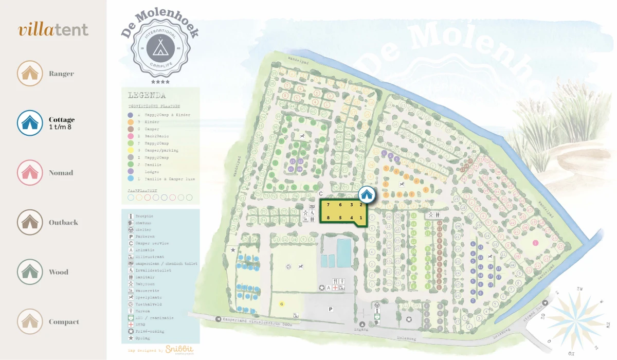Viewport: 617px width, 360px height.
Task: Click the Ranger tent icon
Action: [30, 74]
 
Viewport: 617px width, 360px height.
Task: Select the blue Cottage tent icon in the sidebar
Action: [30, 123]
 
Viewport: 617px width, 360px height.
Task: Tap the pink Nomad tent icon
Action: [30, 173]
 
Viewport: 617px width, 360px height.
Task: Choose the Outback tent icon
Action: [30, 222]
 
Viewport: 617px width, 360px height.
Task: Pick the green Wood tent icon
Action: [30, 272]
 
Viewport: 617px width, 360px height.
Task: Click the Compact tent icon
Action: [30, 321]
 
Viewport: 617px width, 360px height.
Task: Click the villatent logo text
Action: [53, 30]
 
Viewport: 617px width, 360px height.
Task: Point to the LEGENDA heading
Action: [147, 95]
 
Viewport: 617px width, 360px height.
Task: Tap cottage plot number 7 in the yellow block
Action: [328, 205]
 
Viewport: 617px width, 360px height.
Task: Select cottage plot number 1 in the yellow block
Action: [360, 218]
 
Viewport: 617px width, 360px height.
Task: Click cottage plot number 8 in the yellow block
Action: [328, 218]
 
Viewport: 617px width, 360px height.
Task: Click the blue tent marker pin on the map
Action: [366, 194]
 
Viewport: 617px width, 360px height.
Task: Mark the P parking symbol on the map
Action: [331, 309]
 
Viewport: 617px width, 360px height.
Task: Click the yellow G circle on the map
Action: [281, 304]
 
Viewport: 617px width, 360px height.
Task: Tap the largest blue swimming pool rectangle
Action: [343, 249]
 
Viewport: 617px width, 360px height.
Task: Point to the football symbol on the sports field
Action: [288, 266]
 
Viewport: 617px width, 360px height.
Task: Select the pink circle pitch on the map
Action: [535, 242]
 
